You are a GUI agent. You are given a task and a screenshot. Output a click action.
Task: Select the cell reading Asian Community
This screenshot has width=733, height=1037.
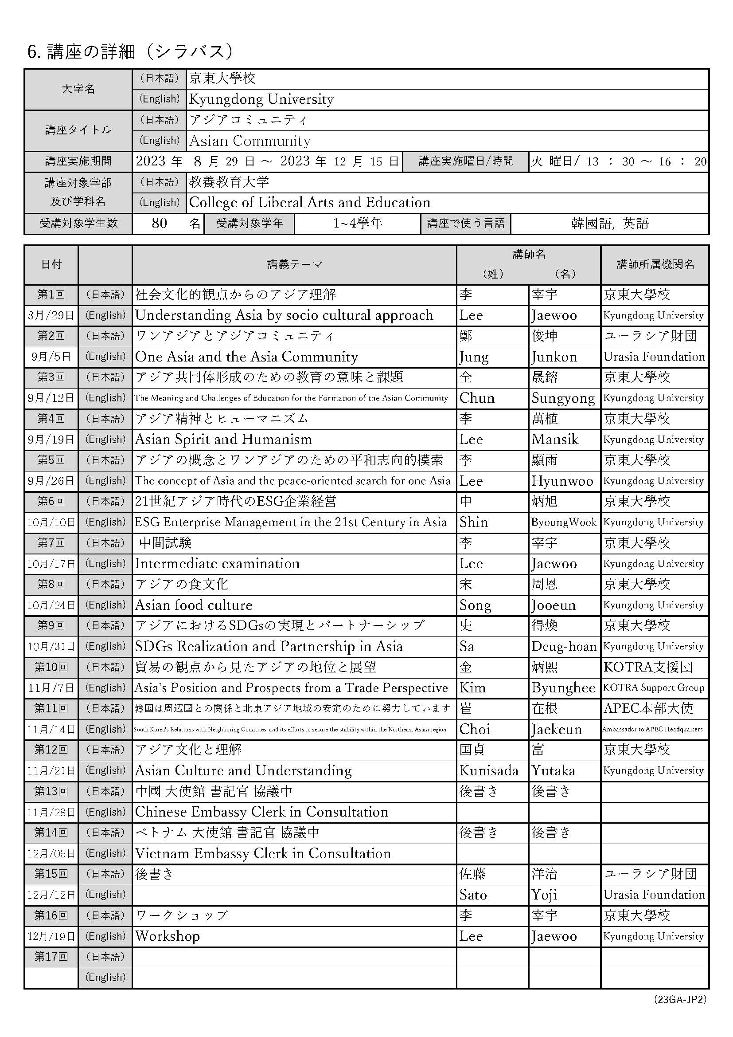coord(250,141)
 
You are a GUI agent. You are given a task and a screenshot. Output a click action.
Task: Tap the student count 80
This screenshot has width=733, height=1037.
coord(160,223)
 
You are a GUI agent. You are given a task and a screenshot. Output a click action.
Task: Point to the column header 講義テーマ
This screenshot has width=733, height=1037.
coord(294,265)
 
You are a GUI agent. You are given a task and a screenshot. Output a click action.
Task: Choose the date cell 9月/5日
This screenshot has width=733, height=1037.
coord(51,357)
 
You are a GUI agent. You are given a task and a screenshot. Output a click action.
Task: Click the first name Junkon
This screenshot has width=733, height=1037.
coord(554,357)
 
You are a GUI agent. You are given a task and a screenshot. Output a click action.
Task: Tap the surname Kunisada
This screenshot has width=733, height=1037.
coord(488,770)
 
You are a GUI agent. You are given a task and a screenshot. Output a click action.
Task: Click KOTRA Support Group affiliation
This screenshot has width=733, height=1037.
coord(654,688)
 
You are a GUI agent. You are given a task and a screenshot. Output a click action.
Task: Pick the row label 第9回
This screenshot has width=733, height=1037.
coord(51,625)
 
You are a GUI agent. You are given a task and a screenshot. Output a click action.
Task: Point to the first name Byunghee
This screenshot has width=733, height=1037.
coord(563,688)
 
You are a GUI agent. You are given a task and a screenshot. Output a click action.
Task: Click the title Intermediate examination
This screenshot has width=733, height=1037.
coord(217,564)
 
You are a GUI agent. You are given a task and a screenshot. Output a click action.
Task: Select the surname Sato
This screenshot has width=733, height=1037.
coord(472,895)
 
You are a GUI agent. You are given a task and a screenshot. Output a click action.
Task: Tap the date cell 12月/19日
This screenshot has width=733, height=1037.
coord(51,936)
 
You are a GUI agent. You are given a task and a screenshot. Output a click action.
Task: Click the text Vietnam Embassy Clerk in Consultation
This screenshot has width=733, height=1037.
coord(263,853)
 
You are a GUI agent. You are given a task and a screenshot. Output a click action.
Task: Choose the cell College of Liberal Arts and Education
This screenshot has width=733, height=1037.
coord(310,202)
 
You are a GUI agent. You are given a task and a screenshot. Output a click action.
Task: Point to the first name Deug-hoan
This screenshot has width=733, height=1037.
coord(563,646)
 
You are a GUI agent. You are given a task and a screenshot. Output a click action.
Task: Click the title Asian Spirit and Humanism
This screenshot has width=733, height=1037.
coord(223,440)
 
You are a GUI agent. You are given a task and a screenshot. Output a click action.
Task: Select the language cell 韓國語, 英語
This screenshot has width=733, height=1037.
coord(609,223)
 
